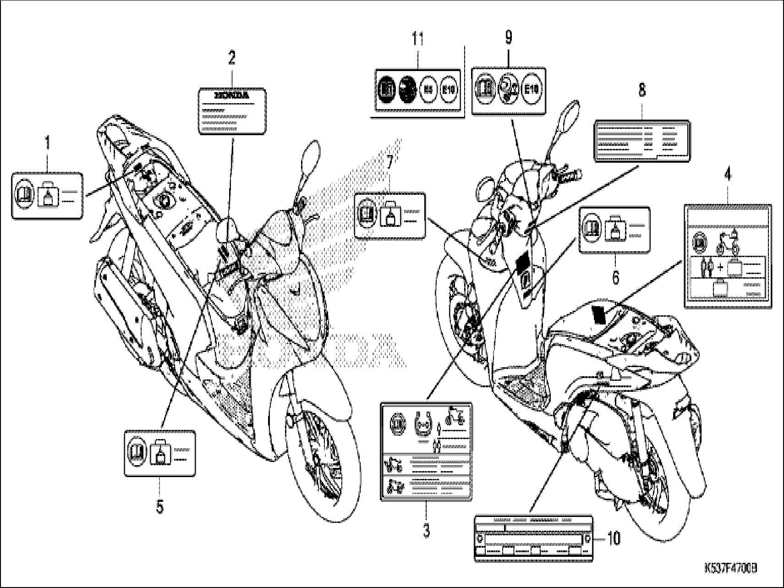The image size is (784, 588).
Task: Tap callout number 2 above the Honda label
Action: coord(232,58)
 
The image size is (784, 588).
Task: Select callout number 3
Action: coord(426,531)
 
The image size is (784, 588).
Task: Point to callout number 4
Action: coord(728,175)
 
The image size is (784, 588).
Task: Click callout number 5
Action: coord(159,507)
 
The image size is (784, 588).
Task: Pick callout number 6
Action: coord(615,276)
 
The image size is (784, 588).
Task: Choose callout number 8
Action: coord(642,90)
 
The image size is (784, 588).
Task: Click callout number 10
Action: coord(614,538)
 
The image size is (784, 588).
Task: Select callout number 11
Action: coord(417,39)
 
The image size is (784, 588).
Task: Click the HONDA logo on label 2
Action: coord(232,96)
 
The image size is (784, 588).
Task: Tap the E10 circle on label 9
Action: coord(532,90)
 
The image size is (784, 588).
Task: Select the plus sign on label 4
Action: coord(721,267)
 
